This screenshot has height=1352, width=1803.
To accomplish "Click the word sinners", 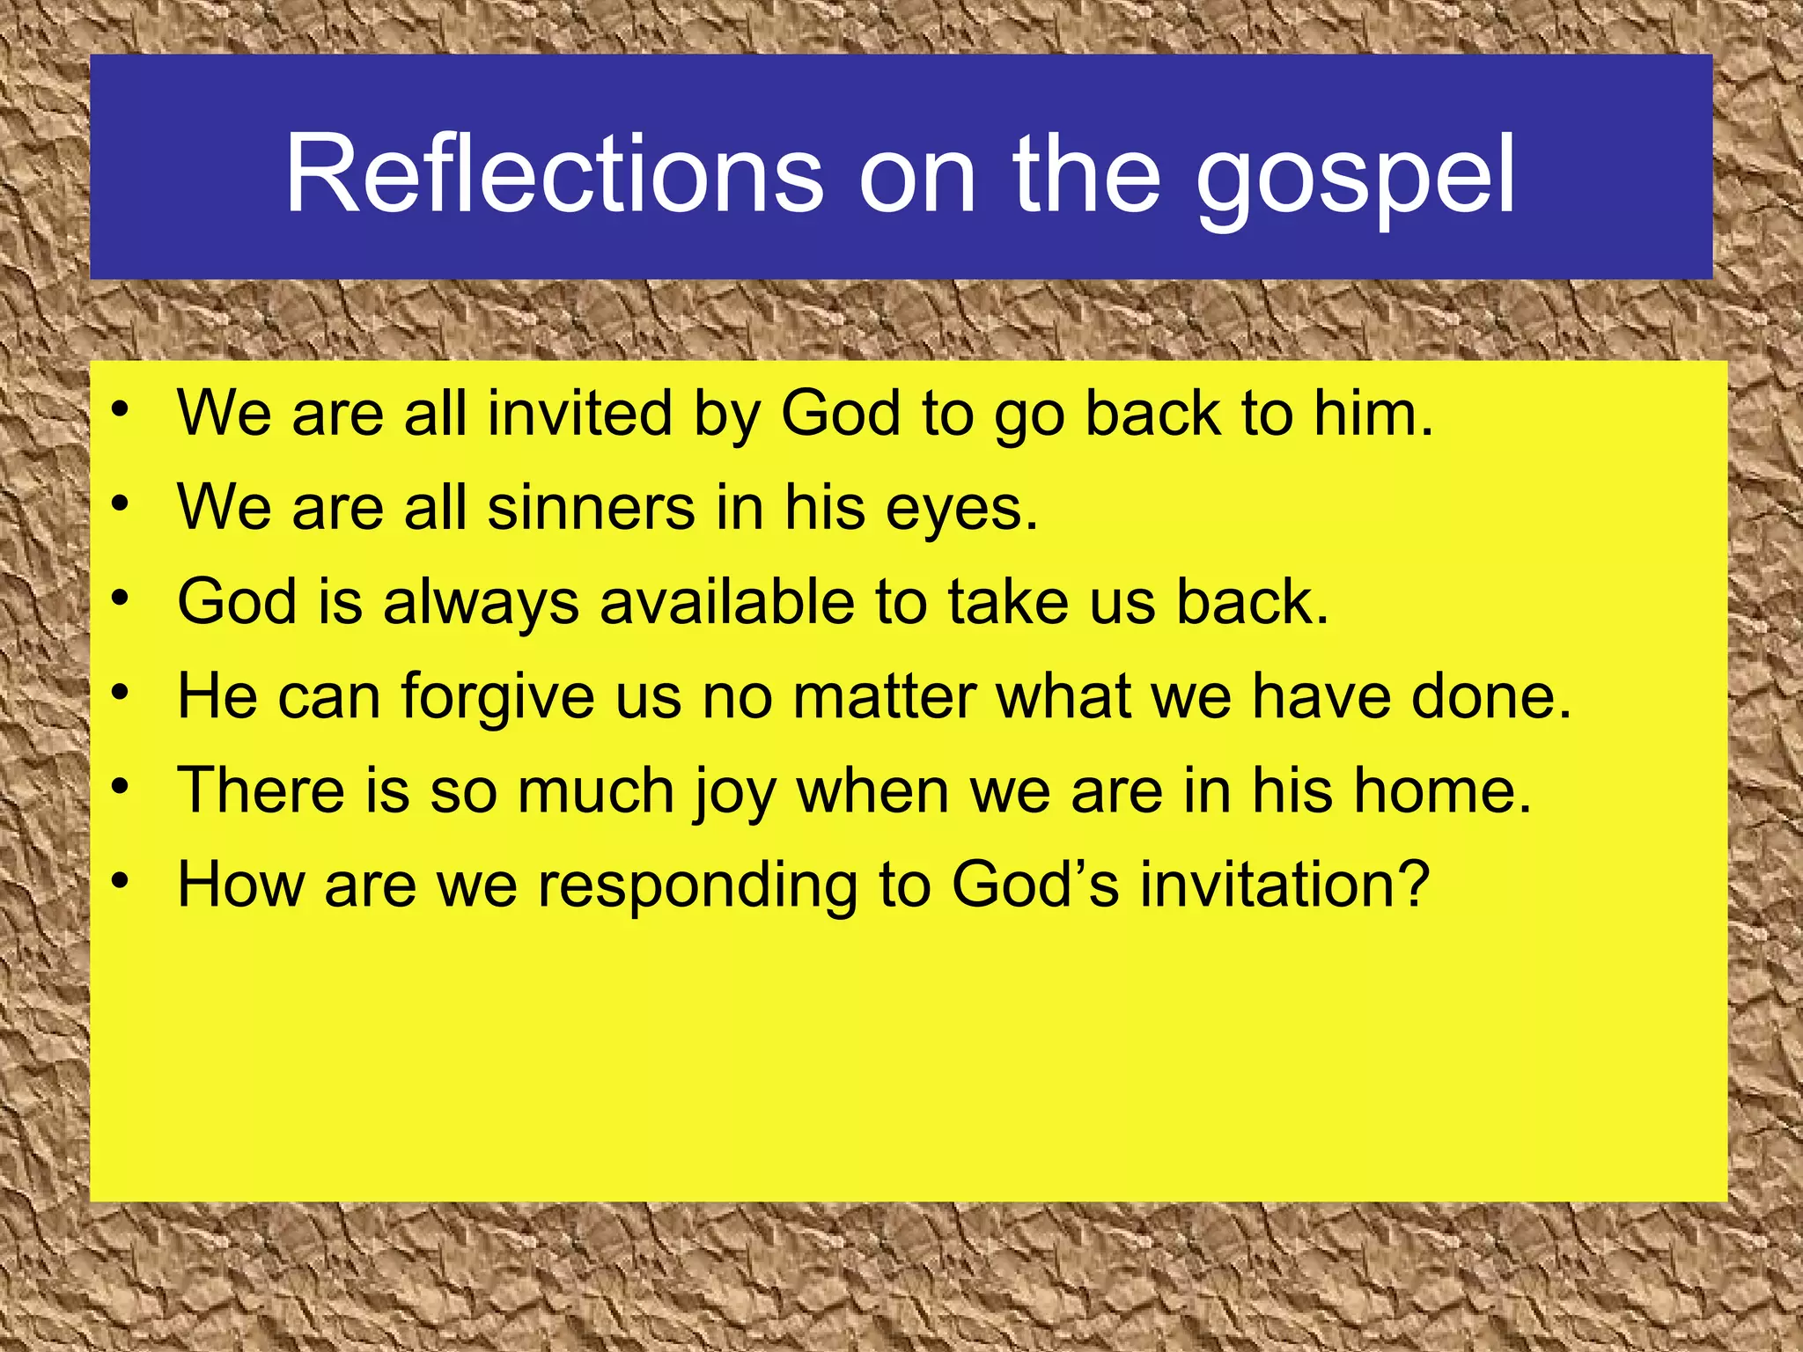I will (x=591, y=508).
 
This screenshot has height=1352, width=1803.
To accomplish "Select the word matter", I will (x=884, y=696).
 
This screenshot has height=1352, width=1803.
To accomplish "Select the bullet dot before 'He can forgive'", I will (x=121, y=693).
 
